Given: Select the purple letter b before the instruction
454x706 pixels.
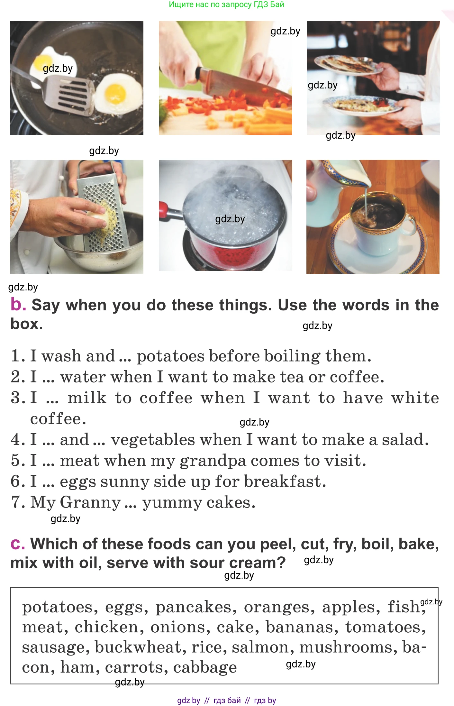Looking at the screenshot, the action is coord(18,304).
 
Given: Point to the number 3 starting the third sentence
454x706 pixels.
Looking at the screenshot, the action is coord(16,398).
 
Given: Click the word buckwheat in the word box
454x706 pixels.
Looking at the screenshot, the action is coord(138,647).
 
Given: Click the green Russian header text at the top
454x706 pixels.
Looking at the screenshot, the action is coord(227,5).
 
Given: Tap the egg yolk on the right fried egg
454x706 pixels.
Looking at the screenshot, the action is coord(115,92).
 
